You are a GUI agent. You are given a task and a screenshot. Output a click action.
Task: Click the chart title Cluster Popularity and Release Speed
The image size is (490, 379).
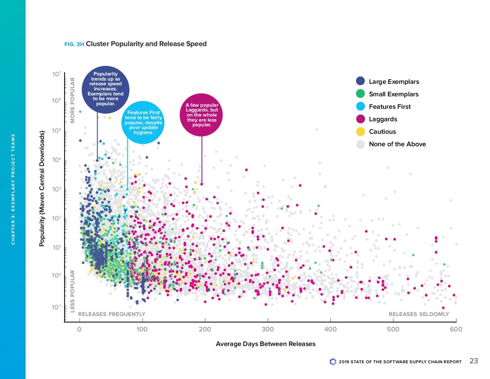click(146, 44)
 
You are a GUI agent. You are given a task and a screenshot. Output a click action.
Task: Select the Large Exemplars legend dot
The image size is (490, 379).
click(361, 81)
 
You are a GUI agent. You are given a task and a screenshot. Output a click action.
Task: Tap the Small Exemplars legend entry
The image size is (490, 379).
click(393, 94)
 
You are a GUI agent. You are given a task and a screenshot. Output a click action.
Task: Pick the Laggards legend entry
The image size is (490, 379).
click(383, 119)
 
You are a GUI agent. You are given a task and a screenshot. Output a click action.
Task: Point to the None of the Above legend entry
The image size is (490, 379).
click(397, 144)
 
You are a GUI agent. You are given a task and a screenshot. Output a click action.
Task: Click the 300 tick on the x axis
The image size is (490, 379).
click(268, 329)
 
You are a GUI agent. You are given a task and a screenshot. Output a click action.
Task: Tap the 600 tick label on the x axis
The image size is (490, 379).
click(456, 329)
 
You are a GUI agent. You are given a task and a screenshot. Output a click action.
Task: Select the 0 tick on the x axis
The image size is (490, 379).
click(79, 329)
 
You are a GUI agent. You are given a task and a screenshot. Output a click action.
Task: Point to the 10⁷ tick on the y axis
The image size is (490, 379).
click(56, 75)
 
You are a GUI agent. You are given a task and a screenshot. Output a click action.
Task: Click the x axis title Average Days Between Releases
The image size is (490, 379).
click(266, 344)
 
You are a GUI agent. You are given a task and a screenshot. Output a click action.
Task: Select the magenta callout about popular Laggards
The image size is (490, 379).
click(201, 115)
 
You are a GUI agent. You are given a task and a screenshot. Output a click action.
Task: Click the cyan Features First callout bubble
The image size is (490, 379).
click(144, 122)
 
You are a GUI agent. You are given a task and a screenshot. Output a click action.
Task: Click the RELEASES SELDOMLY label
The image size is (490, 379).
click(418, 314)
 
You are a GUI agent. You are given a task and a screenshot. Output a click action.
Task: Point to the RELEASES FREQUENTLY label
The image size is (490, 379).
click(111, 314)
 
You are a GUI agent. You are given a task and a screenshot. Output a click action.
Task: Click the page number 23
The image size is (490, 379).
click(473, 361)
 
